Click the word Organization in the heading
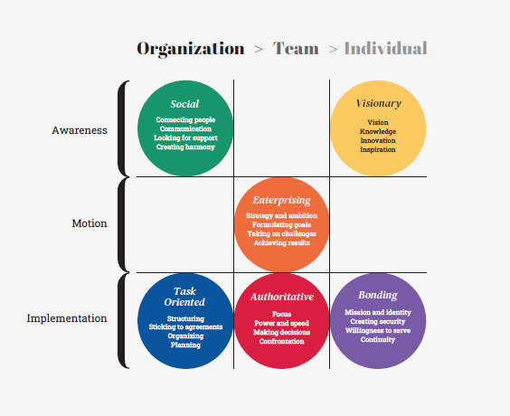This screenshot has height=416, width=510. pos(190,49)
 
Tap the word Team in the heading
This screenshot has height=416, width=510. pos(296,49)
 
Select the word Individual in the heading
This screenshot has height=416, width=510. pos(385,49)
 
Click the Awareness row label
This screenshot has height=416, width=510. pos(80,130)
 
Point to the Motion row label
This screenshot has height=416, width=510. pos(90,223)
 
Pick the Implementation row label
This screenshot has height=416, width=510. pos(67,318)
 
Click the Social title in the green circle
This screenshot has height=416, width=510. pos(184,104)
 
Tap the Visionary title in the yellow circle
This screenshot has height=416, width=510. pos(379,103)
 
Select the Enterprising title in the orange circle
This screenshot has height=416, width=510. pos(281,200)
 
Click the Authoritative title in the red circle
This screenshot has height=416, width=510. pos(282,297)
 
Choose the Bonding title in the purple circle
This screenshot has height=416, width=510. pos(378,295)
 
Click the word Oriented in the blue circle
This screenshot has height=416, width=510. pos(184,302)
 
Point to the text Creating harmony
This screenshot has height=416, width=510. pos(185,147)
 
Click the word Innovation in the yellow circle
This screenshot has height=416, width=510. pos(378,140)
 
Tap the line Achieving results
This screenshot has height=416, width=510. pos(281,243)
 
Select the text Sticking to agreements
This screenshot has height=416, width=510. pos(185,326)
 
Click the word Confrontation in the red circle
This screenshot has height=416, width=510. pos(281,341)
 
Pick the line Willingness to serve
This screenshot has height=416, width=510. pos(378,330)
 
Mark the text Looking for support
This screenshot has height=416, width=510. pos(185,137)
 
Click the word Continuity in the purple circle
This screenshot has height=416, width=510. pos(378,339)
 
